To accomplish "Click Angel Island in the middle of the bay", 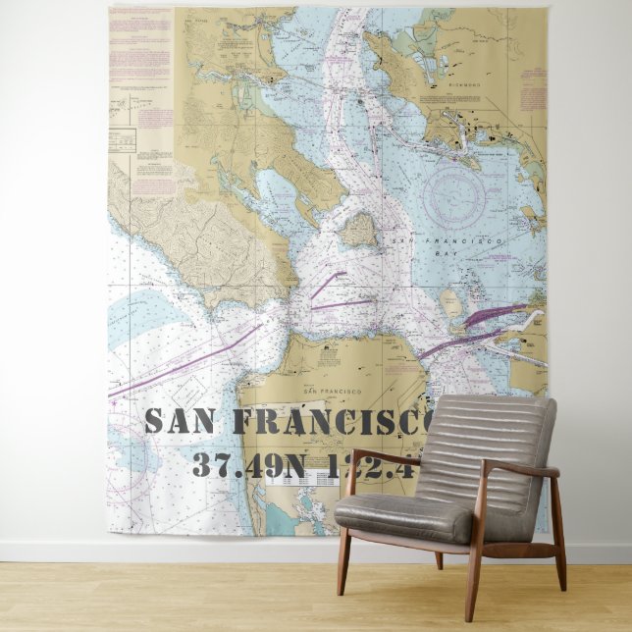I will (358, 231).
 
